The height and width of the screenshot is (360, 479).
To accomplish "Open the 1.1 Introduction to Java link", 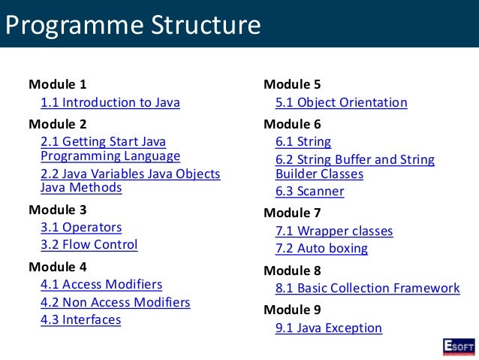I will point(110,103).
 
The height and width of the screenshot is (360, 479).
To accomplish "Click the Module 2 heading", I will point(57,124).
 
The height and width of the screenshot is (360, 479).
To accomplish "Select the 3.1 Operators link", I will point(80,227).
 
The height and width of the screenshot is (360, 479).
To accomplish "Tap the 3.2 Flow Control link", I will point(89,244).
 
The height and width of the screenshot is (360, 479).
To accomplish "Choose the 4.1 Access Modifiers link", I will point(101,285).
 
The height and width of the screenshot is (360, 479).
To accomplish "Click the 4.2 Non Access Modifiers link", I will point(115,302).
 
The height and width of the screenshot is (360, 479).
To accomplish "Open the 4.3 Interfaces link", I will point(80,319).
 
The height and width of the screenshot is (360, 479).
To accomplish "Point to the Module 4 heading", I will point(57,267).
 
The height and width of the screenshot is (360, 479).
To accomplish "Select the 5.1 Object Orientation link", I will point(341,103).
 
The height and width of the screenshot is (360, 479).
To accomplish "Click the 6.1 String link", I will point(303,142).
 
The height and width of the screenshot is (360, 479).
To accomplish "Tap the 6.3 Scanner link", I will point(309,191).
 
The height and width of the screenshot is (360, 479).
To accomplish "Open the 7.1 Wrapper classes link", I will point(333,231).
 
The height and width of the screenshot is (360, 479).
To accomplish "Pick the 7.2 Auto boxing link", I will point(321,248).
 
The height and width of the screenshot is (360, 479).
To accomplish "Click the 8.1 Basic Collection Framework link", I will point(367,288).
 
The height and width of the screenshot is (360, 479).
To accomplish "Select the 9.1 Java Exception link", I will point(328,328).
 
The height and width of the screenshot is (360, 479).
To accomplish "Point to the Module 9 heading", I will point(292,309).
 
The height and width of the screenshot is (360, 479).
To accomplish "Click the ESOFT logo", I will point(457,345).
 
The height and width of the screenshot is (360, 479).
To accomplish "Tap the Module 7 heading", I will point(292,213).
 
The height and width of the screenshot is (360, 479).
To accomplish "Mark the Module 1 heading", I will point(57,84).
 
